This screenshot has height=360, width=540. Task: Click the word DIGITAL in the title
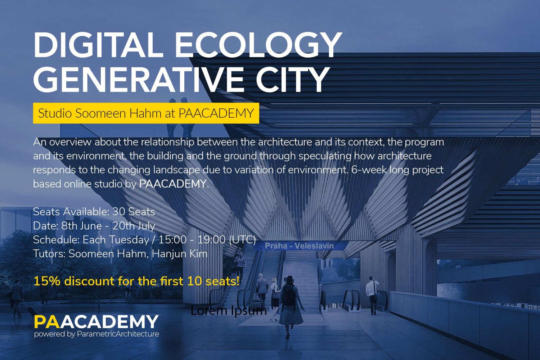point(98,45)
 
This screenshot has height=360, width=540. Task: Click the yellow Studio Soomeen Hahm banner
point(146,113)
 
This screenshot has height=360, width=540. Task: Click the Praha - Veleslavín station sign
point(299,246)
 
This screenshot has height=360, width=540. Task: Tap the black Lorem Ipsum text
point(229,310)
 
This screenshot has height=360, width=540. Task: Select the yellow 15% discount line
point(136,281)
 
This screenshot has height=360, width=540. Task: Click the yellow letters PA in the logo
point(46,322)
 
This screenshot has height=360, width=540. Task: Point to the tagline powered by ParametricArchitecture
point(96,334)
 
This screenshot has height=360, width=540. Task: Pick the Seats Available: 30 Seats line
point(94,212)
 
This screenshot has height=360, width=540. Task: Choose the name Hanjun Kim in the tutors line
point(180,254)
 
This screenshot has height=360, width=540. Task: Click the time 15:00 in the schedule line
point(172,240)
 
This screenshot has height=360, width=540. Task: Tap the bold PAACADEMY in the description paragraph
point(173,184)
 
